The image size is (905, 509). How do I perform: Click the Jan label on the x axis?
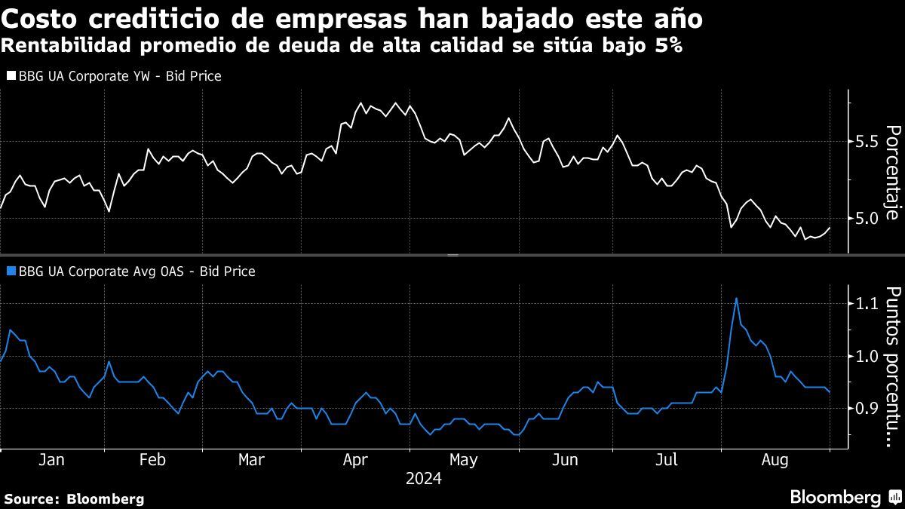[x=51, y=460]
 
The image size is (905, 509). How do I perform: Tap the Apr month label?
[x=354, y=460]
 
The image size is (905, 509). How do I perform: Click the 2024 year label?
[x=423, y=479]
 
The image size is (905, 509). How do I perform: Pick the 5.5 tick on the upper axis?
[x=868, y=142]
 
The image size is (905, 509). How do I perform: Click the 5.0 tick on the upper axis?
[x=868, y=219]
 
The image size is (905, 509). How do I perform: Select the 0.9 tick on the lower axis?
[x=868, y=408]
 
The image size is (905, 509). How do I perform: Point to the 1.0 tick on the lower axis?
[x=868, y=356]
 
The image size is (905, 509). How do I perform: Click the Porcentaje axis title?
[x=892, y=173]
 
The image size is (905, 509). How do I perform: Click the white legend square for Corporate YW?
[x=11, y=76]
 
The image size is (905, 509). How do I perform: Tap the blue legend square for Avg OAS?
[x=11, y=271]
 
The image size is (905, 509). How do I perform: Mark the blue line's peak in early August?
[x=736, y=299]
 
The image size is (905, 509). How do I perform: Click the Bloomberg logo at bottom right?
[x=844, y=498]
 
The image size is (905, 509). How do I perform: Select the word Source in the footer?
[x=31, y=498]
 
